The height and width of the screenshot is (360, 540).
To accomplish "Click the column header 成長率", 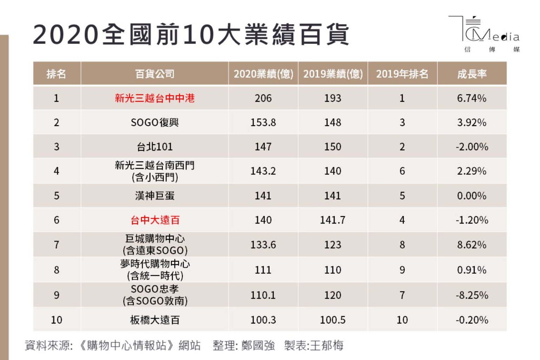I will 472,74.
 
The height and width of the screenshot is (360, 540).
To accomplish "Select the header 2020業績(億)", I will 263,74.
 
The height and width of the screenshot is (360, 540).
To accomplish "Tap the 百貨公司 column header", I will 154,74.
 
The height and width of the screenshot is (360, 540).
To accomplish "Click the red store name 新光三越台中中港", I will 154,98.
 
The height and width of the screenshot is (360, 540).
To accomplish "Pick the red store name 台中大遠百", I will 155,220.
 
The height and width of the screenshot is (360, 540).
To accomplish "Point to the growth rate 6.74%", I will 472,98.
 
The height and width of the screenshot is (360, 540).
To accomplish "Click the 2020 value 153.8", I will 263,122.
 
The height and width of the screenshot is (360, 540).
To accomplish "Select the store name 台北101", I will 154,147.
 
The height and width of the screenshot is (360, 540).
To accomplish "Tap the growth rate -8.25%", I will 472,295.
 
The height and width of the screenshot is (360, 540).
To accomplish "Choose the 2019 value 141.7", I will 332,220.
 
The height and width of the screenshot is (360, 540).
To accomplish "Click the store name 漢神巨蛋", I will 154,195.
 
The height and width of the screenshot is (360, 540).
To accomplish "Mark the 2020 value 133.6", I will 263,245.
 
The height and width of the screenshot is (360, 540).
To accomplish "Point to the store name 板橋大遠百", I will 154,320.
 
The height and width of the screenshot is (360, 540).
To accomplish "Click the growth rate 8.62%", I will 472,245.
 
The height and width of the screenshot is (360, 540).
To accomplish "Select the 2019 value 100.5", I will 332,320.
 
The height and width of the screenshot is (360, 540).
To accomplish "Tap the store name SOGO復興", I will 154,122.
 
